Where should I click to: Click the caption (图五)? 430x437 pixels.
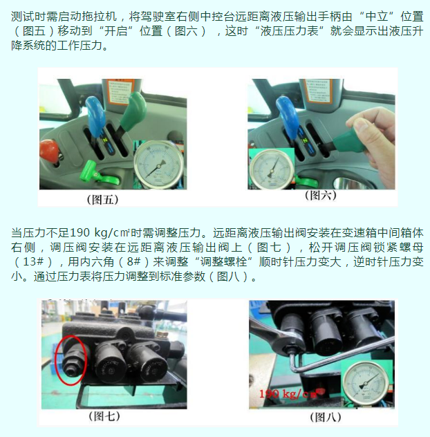pyautogui.click(x=103, y=200)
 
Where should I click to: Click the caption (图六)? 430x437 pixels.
pyautogui.click(x=321, y=195)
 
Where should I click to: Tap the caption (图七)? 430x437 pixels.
pyautogui.click(x=104, y=416)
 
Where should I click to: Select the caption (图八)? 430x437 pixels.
pyautogui.click(x=326, y=417)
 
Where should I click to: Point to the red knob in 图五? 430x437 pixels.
pyautogui.click(x=49, y=152)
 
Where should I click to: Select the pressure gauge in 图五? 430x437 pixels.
pyautogui.click(x=158, y=165)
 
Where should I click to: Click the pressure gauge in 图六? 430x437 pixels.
pyautogui.click(x=272, y=169)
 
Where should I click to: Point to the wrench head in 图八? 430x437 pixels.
pyautogui.click(x=290, y=343)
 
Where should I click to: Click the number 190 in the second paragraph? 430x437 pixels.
pyautogui.click(x=80, y=233)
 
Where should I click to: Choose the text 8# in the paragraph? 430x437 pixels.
pyautogui.click(x=133, y=261)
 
